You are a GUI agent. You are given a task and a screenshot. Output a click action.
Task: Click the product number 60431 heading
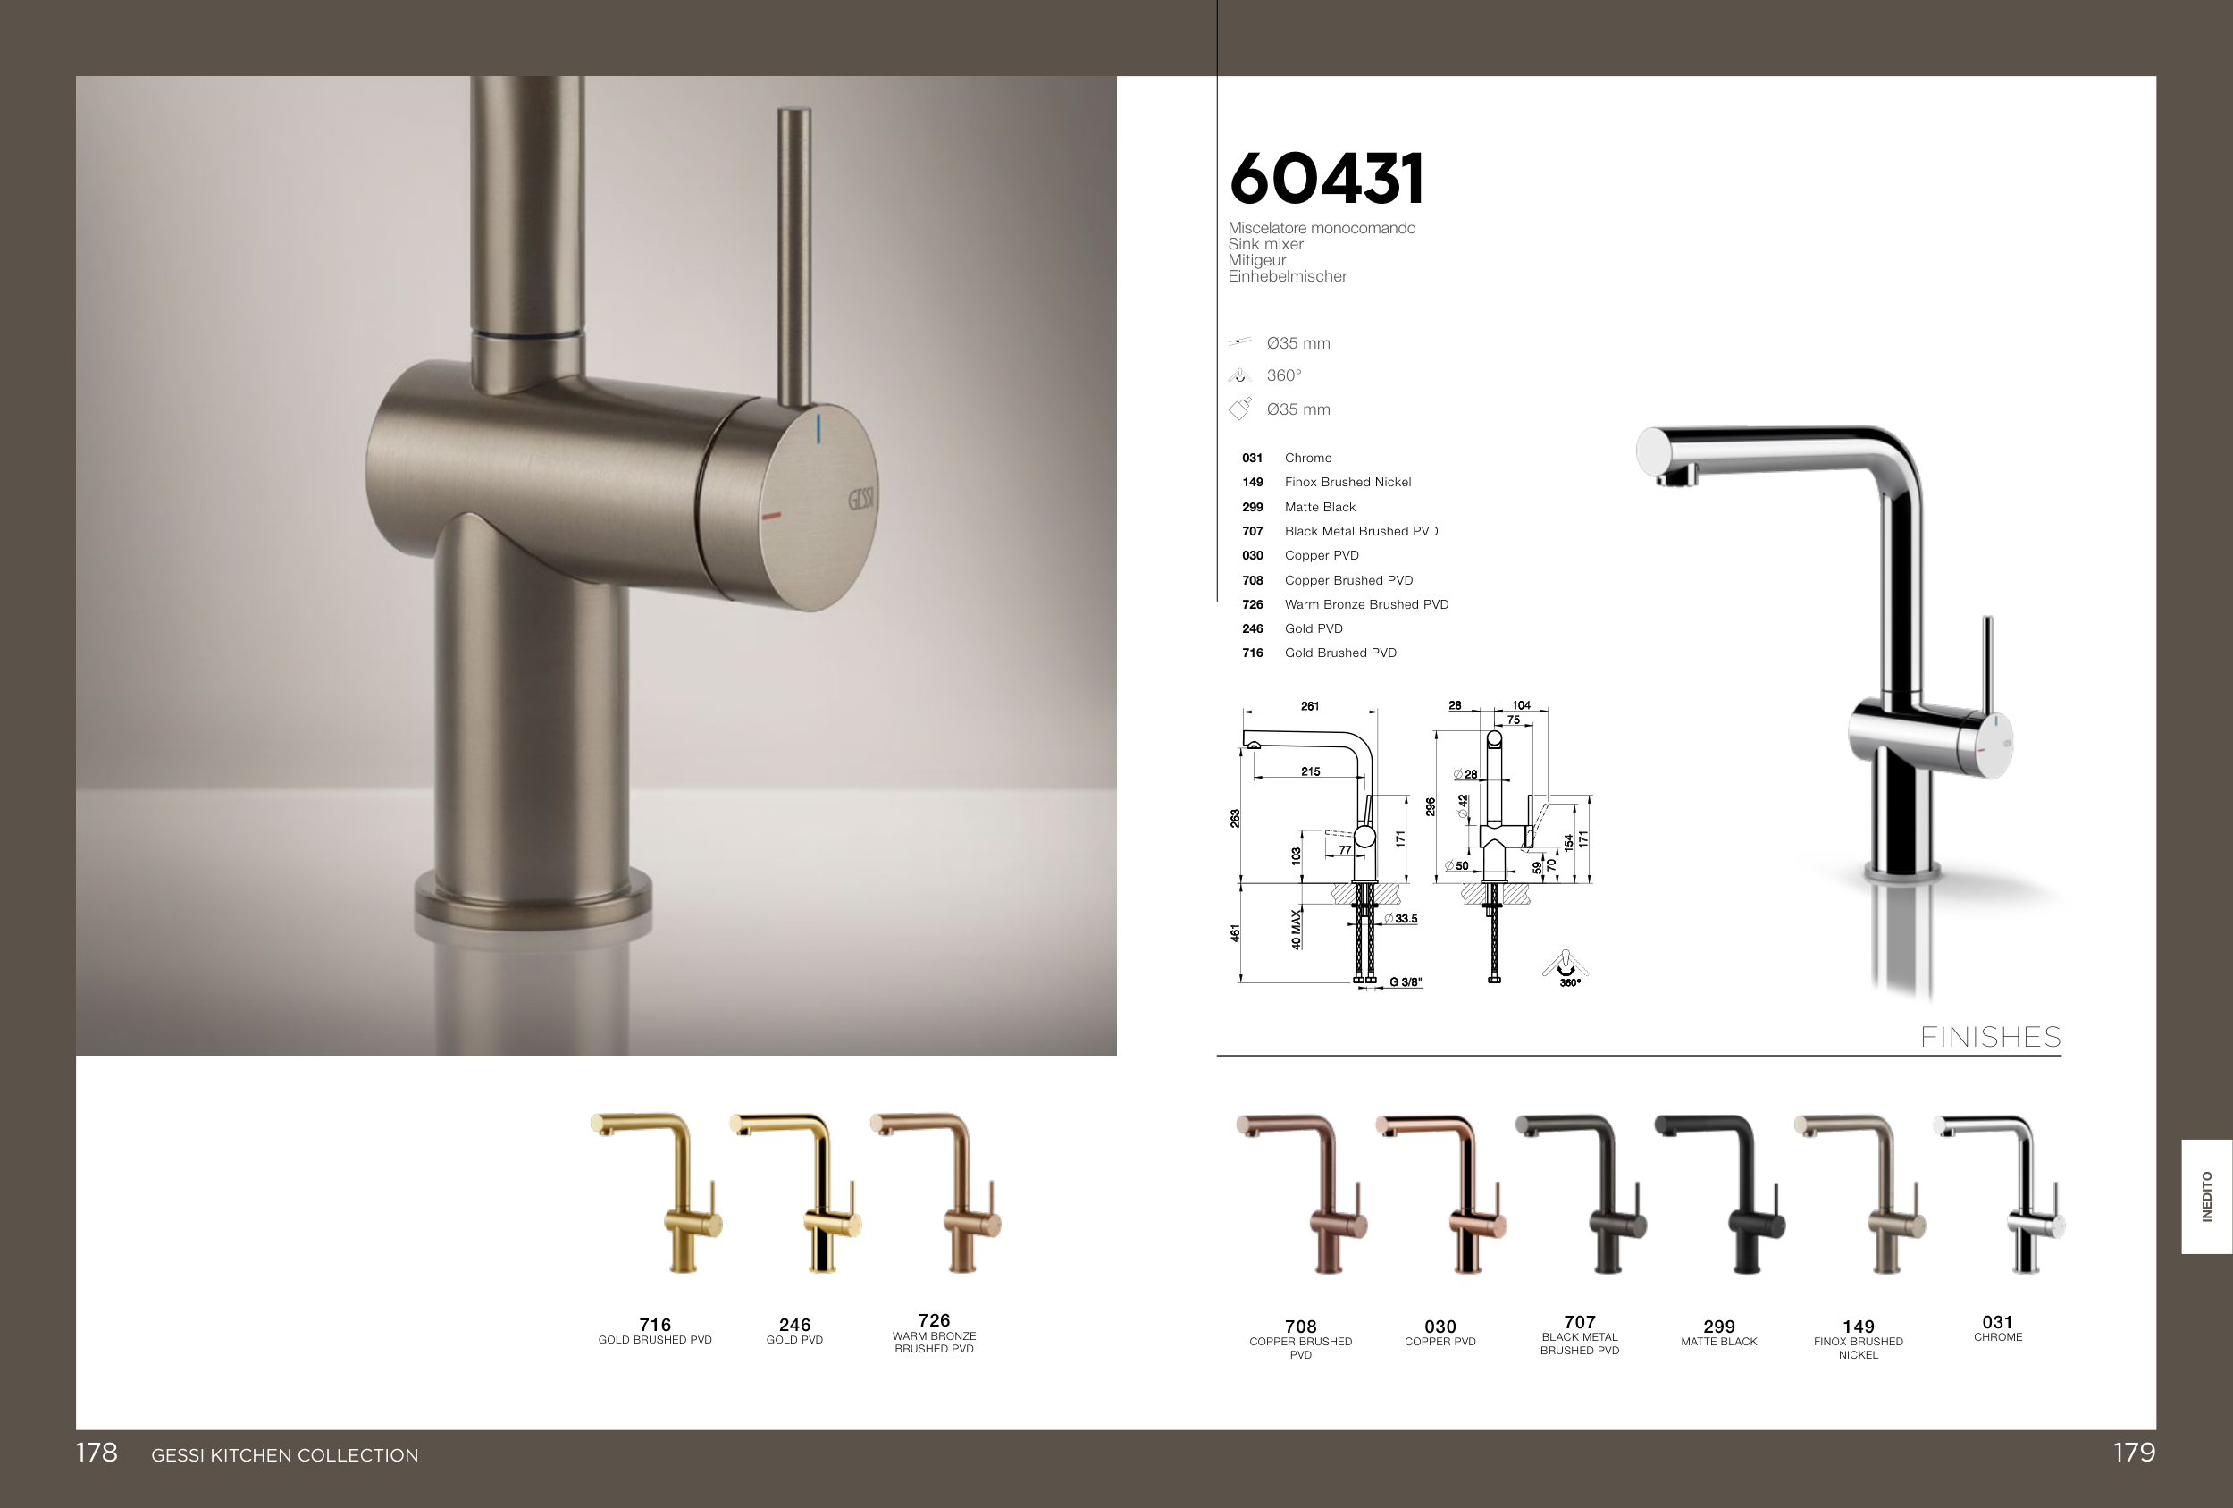point(1326,179)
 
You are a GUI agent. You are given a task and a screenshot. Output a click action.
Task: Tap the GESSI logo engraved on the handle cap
point(860,499)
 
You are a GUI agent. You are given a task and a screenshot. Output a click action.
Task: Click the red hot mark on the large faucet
point(770,516)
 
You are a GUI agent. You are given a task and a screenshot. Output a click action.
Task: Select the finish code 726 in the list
point(1252,604)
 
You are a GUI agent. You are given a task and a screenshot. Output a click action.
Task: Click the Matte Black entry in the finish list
point(1320,507)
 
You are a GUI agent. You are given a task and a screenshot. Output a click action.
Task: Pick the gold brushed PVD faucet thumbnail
point(656,1192)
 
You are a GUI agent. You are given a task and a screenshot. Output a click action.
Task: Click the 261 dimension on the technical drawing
point(1310,705)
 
